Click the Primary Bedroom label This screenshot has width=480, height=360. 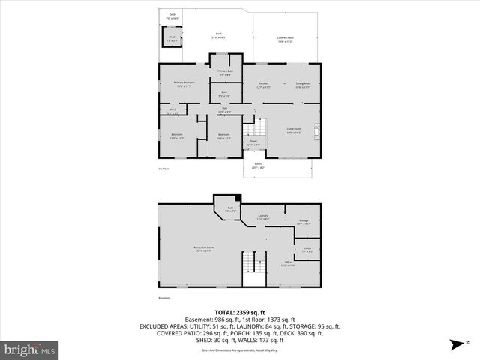pos(184,83)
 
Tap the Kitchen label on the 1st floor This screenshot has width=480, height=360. pos(263,83)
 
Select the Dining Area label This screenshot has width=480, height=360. pos(303,83)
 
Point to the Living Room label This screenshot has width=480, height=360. pos(293,130)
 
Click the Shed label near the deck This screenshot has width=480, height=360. pos(172,37)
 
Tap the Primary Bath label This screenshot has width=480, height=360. pos(226,70)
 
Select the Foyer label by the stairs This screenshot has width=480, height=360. pos(253,142)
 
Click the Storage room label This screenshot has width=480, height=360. pos(304,220)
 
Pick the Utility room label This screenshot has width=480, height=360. pos(307,248)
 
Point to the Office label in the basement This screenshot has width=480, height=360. pos(287,262)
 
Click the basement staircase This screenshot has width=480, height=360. pos(253,268)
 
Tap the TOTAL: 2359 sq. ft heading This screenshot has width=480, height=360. pos(240,312)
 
